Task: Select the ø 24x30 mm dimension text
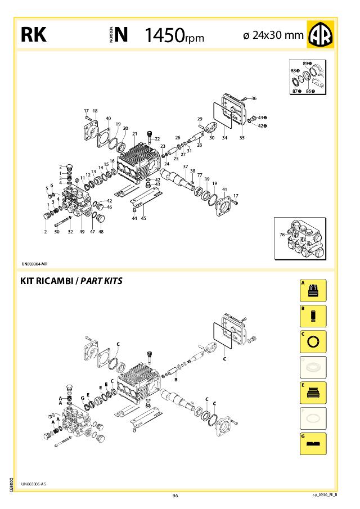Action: click(273, 35)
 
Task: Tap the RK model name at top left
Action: click(33, 35)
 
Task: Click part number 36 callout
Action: click(254, 98)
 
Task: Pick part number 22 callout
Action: click(157, 138)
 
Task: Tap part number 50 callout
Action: click(57, 231)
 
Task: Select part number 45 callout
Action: click(143, 218)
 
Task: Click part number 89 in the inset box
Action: click(305, 63)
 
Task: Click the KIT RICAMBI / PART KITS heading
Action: click(71, 281)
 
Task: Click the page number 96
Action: click(175, 496)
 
